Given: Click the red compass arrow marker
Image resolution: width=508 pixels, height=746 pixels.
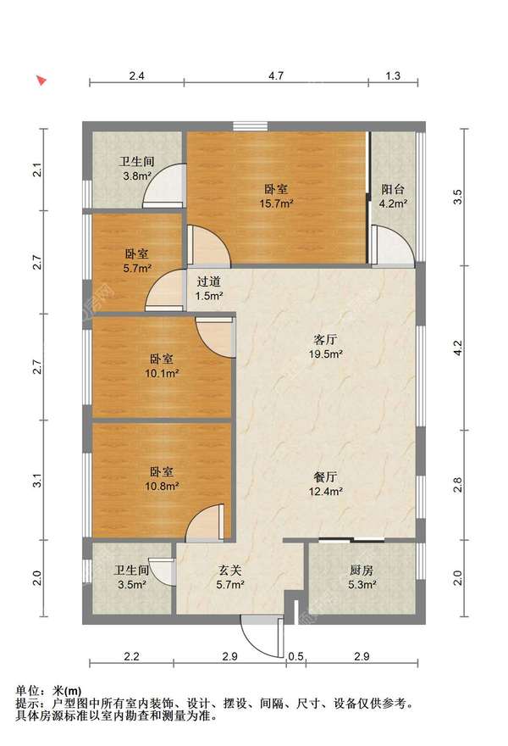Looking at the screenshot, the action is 42,81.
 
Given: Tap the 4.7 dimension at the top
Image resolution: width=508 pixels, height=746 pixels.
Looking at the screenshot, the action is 276,75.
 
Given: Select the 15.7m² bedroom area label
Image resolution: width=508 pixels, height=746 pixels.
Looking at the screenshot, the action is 276,203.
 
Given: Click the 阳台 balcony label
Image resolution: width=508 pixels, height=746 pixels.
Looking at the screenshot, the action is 393,189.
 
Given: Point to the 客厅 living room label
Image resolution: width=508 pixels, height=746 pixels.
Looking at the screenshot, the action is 325,340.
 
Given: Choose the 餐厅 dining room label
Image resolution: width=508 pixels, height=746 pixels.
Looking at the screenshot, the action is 325,476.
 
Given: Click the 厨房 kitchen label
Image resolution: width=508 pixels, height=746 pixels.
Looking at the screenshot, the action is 362,570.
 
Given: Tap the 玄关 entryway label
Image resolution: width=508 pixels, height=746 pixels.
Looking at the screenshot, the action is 230,570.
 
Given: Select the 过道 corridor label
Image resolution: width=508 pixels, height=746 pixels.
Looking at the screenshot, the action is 209,281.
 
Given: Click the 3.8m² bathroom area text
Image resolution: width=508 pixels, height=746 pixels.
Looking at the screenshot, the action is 137,176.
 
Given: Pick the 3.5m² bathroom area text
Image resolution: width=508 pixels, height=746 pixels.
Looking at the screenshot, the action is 131,585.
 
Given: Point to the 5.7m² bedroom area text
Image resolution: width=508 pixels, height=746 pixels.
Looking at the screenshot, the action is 137,269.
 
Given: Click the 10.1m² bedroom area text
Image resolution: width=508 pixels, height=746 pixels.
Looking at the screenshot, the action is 162,374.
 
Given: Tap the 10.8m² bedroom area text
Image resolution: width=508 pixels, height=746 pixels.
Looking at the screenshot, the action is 162,487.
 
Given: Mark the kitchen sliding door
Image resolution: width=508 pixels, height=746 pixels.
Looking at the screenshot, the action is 351,540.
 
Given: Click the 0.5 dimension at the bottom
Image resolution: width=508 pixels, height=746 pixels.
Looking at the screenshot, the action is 295,656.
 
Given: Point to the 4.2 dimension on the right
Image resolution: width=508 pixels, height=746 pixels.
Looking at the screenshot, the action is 457,348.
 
